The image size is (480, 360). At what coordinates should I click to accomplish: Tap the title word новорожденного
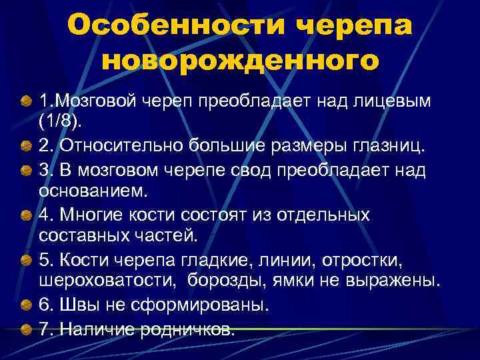point(240,61)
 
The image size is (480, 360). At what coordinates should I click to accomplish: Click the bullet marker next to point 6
point(25,305)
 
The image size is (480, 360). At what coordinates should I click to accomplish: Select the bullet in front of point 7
point(25,329)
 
